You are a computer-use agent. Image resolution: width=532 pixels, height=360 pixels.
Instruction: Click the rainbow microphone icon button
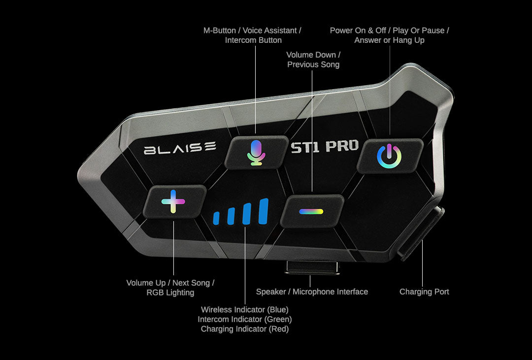click(x=256, y=152)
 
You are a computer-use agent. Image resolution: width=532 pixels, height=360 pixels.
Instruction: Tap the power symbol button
click(x=389, y=156)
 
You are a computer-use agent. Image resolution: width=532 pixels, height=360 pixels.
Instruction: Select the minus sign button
click(x=311, y=211)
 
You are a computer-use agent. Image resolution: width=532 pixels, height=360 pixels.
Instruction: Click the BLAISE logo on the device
click(x=180, y=148)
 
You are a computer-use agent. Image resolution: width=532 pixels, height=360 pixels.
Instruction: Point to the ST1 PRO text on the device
click(x=324, y=147)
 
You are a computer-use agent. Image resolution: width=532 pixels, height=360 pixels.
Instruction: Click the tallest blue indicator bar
click(x=264, y=212)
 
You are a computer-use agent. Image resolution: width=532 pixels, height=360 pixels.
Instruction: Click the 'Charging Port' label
click(x=424, y=292)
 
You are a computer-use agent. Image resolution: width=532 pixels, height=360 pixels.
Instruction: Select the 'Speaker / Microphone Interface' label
click(x=312, y=292)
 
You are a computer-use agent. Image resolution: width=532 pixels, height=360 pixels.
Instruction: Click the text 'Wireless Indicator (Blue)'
click(x=244, y=309)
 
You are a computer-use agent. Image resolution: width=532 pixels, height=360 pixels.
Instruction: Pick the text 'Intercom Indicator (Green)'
click(x=244, y=319)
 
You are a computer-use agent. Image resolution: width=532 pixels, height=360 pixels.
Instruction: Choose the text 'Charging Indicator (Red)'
click(x=244, y=329)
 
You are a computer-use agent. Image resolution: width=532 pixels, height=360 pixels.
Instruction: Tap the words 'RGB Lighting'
click(x=170, y=293)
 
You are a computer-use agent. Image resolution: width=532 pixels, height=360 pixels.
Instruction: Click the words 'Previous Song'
click(x=313, y=65)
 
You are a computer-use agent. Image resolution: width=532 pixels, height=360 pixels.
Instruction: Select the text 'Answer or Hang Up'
click(x=389, y=40)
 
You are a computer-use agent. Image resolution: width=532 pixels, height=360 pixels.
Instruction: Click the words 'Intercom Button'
click(x=253, y=40)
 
